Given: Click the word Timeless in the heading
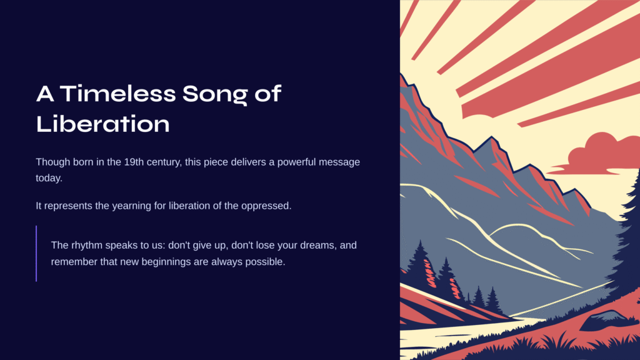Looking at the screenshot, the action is tap(118, 93).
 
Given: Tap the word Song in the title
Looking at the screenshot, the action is tap(215, 95).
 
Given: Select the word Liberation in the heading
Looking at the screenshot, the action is tap(103, 123).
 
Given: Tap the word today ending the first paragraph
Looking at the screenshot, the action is tap(49, 178).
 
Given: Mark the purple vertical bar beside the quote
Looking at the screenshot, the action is tap(36, 254).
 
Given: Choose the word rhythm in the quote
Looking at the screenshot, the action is tap(87, 245).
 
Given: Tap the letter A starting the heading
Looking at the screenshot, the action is tap(45, 94).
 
